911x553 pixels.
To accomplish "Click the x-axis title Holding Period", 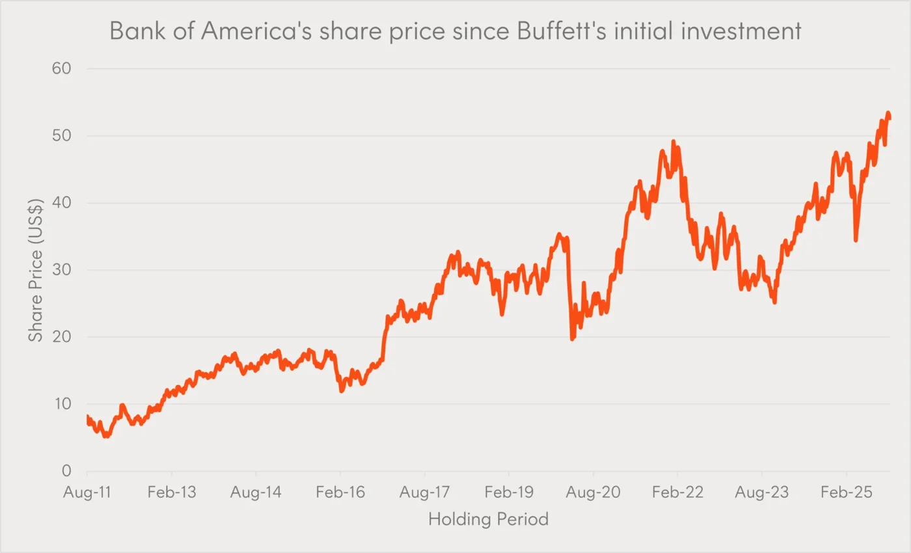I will pos(488,519).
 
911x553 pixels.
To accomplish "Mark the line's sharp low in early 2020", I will pos(572,339).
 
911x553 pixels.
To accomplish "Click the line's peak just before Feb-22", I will pos(673,141).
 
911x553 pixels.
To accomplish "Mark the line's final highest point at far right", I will pos(888,113).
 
